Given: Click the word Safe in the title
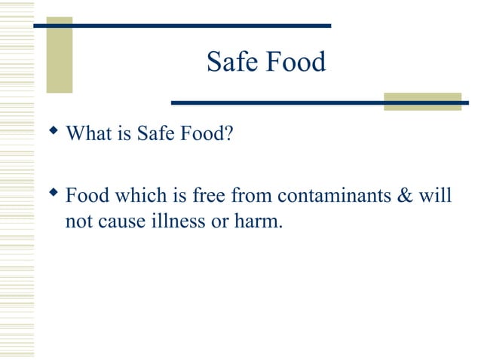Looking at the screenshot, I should pyautogui.click(x=230, y=62).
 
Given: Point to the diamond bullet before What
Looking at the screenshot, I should pyautogui.click(x=53, y=132).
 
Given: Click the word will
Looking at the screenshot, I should pyautogui.click(x=438, y=197).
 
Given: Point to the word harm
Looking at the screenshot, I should pyautogui.click(x=260, y=223).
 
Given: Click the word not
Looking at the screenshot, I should pyautogui.click(x=78, y=223).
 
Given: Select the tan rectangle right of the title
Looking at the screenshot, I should pyautogui.click(x=422, y=102).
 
